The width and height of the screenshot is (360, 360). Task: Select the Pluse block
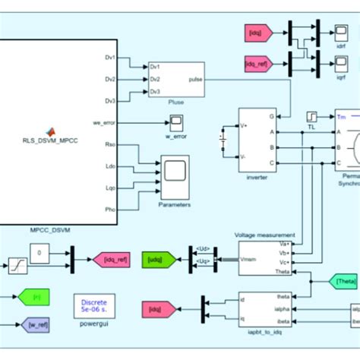pos(176,78)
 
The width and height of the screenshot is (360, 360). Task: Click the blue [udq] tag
pos(156,261)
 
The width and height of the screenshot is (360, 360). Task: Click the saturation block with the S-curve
pos(15,266)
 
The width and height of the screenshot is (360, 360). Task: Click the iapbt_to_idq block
pos(265,310)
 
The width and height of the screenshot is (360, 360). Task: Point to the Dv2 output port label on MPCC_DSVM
pos(109,78)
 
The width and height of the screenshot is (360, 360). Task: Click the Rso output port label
pos(109,144)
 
